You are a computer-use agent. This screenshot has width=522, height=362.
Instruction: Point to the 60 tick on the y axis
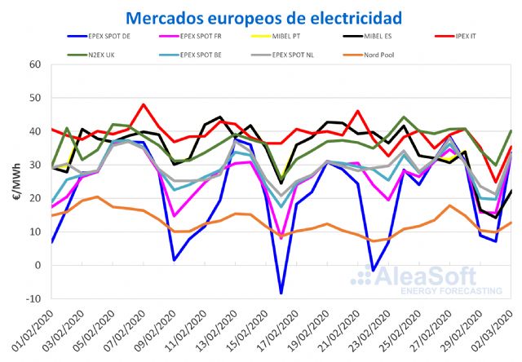34,64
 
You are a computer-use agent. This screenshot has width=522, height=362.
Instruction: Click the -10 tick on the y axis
32,298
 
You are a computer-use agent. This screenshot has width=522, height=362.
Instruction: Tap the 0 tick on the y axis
37,265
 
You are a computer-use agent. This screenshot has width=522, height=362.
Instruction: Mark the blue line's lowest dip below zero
281,294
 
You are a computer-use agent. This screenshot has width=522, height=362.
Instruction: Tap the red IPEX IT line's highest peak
144,104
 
